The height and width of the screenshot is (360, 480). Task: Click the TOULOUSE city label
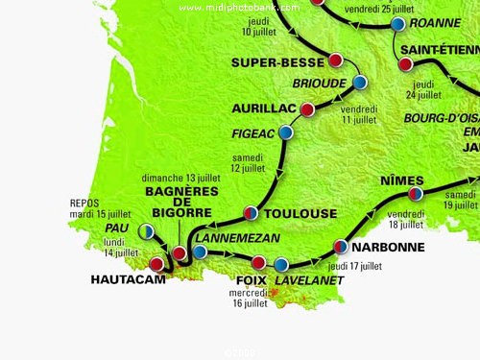point(300,213)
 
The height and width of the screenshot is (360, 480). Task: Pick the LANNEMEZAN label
point(240,236)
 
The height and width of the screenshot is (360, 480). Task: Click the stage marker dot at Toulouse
point(250,212)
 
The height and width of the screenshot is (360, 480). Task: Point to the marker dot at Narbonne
point(340,246)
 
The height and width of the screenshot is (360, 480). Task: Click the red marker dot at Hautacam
point(156,263)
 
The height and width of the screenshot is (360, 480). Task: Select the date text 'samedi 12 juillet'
point(248,162)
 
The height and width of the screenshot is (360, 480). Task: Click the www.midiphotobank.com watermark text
point(239,8)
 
